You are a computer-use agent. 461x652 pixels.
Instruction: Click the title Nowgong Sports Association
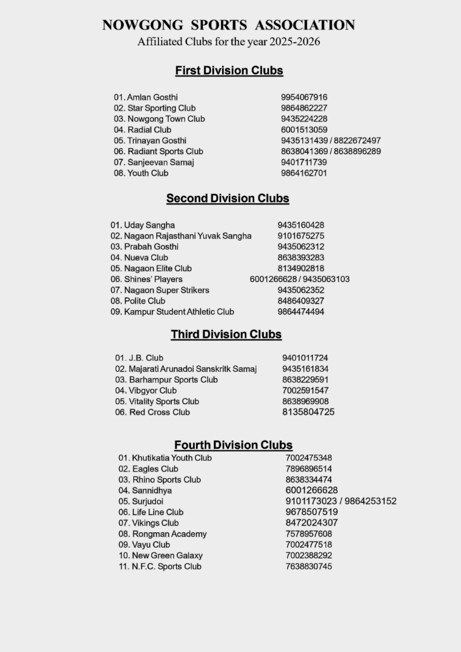pyautogui.click(x=229, y=25)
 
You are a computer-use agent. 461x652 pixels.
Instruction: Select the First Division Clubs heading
pyautogui.click(x=229, y=71)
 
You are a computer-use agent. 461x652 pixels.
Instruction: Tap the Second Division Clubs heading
pyautogui.click(x=228, y=199)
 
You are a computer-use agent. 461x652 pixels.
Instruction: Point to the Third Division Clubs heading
pyautogui.click(x=226, y=335)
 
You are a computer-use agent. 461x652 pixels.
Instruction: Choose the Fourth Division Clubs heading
pyautogui.click(x=233, y=445)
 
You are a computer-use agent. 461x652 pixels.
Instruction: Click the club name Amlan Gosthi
pyautogui.click(x=152, y=97)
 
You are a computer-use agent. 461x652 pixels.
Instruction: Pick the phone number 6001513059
pyautogui.click(x=304, y=130)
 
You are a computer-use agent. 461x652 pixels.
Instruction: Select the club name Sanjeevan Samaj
pyautogui.click(x=160, y=162)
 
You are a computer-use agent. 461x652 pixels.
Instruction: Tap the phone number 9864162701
pyautogui.click(x=304, y=173)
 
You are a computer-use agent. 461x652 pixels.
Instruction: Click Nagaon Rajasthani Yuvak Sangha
pyautogui.click(x=187, y=236)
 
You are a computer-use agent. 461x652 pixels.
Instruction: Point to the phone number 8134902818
pyautogui.click(x=301, y=268)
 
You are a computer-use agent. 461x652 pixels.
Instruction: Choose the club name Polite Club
pyautogui.click(x=145, y=301)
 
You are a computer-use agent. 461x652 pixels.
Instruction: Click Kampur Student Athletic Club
pyautogui.click(x=179, y=312)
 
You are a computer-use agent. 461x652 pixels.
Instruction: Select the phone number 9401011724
pyautogui.click(x=305, y=358)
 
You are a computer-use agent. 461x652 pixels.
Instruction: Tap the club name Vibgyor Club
pyautogui.click(x=153, y=391)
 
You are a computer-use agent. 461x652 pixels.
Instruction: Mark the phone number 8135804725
pyautogui.click(x=308, y=412)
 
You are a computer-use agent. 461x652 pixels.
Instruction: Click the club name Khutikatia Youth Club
pyautogui.click(x=172, y=458)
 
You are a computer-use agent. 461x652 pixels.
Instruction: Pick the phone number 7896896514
pyautogui.click(x=309, y=469)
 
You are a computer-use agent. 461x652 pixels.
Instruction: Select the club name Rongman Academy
pyautogui.click(x=169, y=534)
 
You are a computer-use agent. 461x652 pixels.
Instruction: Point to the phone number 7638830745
pyautogui.click(x=309, y=566)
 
